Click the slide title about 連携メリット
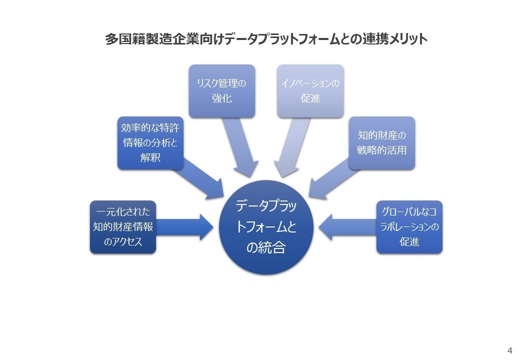click(266, 39)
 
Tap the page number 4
click(509, 349)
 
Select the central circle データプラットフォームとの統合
click(266, 227)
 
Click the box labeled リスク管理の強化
click(221, 91)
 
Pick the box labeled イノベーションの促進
click(310, 91)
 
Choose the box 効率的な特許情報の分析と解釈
click(150, 143)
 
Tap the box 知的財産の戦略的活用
click(382, 143)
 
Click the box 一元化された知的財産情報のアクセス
click(123, 227)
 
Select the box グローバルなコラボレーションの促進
click(409, 227)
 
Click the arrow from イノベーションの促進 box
click(293, 147)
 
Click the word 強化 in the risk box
click(221, 98)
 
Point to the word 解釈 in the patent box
click(150, 158)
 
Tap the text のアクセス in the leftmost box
click(123, 242)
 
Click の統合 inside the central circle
click(266, 247)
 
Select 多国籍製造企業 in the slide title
click(137, 39)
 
